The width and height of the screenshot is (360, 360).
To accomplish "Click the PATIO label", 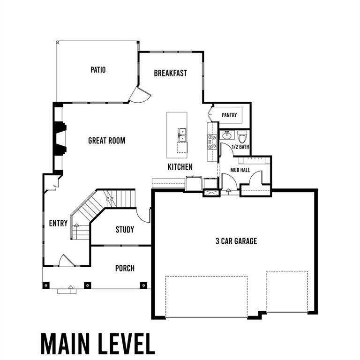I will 98,70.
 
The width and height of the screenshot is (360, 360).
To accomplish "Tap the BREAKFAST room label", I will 170,73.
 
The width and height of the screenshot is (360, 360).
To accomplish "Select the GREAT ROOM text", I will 106,140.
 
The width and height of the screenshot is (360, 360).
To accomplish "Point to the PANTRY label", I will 229,115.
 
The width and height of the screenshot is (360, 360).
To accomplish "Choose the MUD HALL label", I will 240,170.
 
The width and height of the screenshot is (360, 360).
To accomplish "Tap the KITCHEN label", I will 180,167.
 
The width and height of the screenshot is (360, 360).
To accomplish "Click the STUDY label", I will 125,230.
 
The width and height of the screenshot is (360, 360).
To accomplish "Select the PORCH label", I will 125,268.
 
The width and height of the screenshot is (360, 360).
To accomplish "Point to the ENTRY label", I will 58,223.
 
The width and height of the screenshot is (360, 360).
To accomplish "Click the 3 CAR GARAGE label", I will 236,241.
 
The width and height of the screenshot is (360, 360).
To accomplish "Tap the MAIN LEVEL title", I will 97,344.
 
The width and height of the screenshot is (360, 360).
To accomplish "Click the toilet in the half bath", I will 242,137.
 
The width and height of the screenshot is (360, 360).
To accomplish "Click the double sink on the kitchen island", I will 182,135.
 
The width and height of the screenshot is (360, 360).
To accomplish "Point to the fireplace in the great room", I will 60,138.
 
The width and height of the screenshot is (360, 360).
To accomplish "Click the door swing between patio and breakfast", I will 139,96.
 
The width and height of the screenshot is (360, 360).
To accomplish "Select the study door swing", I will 143,215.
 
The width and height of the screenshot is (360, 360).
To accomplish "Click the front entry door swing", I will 66,261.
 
